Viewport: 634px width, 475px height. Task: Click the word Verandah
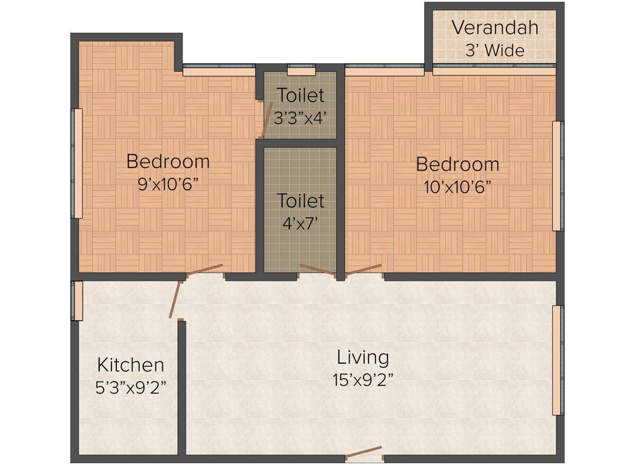(495, 28)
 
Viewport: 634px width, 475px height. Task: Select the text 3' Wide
(495, 50)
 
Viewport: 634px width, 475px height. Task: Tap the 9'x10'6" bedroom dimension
(168, 184)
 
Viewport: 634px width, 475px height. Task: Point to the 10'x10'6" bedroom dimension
(458, 186)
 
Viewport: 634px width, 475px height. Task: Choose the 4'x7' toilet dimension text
(300, 223)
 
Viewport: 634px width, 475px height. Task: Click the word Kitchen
(131, 364)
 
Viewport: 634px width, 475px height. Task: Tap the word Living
(363, 357)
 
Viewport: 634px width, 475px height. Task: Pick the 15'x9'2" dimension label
(363, 379)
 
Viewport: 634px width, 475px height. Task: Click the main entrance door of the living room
(364, 453)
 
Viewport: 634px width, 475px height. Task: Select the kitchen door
(175, 300)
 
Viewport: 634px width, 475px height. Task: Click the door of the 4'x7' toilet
(317, 271)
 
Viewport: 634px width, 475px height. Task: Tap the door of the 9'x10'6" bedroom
(205, 270)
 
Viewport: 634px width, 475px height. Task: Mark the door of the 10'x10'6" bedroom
(364, 270)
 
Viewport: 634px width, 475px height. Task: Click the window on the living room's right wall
(558, 359)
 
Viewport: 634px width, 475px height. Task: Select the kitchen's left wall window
(77, 301)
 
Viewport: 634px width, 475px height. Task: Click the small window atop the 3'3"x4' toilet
(302, 69)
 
